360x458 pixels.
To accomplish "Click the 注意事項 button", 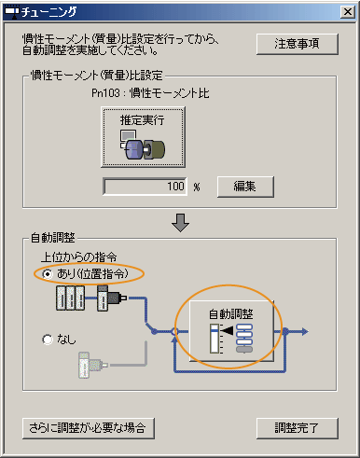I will point(297,44).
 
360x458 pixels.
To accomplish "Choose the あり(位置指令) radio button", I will point(48,274).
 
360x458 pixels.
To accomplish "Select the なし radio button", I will point(48,340).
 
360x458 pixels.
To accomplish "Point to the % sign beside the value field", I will point(198,187).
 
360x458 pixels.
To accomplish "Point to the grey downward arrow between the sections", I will point(180,222).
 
